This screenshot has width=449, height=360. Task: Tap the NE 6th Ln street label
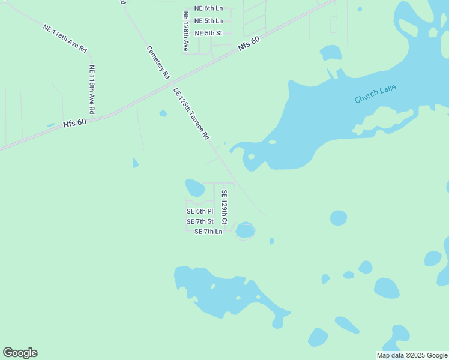tap(208, 9)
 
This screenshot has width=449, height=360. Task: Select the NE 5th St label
tap(208, 33)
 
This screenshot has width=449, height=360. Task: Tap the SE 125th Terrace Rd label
tap(191, 113)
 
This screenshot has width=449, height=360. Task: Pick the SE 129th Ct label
tap(224, 207)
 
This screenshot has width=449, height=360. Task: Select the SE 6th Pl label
tap(200, 211)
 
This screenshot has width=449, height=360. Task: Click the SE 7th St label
tap(200, 221)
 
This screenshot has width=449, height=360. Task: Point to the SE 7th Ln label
tap(208, 232)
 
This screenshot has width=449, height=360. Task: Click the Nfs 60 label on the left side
tap(74, 122)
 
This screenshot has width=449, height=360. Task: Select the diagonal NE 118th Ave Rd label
tap(65, 38)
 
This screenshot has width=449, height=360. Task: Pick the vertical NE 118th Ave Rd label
tap(92, 89)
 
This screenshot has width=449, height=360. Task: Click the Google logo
tap(20, 353)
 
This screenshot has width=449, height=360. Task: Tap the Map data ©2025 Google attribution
tap(412, 355)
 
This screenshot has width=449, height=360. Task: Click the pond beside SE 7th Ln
tap(245, 230)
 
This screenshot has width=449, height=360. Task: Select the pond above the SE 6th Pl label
tap(195, 188)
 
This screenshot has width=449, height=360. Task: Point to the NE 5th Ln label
tap(208, 21)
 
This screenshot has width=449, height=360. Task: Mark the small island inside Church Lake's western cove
tap(251, 157)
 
